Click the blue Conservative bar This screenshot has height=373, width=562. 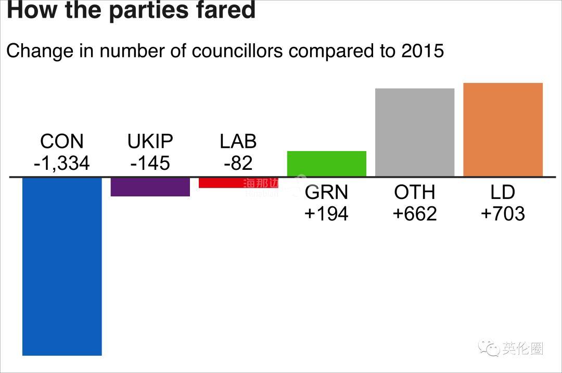62,266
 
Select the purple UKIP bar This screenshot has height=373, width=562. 150,187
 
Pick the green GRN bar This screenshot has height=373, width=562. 327,164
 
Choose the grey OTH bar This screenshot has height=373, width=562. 415,132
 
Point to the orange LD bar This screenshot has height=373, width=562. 503,130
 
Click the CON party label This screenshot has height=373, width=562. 61,142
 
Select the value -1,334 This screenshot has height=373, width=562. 61,164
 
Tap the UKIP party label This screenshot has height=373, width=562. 150,142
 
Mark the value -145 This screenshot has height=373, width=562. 150,164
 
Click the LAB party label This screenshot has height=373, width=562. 238,142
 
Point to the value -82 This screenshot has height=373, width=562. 238,164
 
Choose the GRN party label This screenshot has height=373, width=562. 326,193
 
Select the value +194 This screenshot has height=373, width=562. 326,214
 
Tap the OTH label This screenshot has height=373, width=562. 415,193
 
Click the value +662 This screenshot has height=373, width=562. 415,214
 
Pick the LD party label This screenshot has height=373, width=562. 503,193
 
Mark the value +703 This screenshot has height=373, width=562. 503,214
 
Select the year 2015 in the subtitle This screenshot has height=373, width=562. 423,51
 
